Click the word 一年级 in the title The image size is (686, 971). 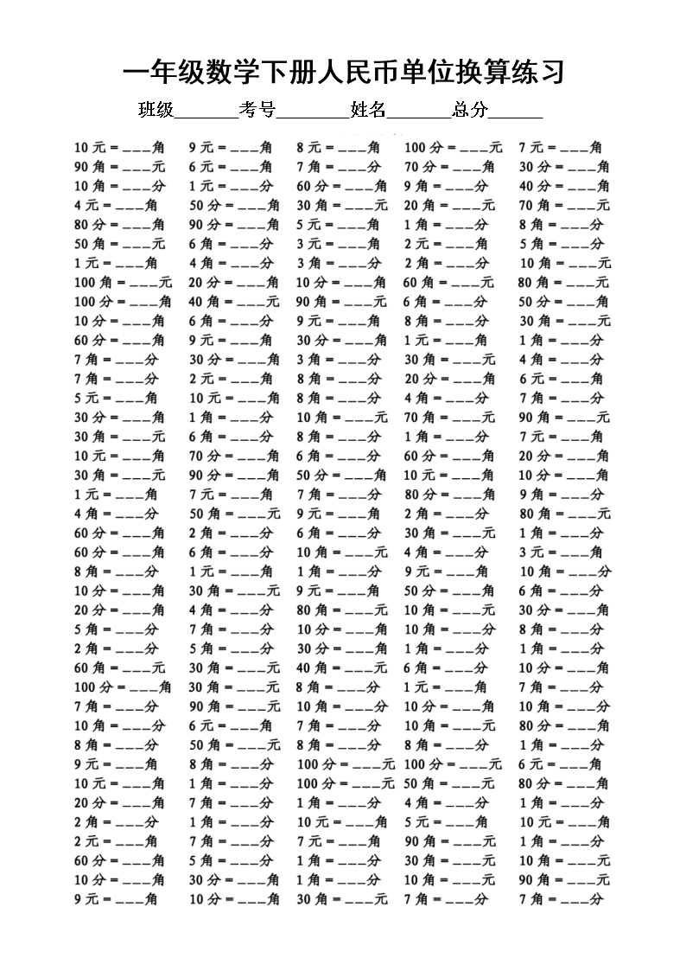pyautogui.click(x=164, y=73)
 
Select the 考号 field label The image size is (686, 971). pyautogui.click(x=257, y=110)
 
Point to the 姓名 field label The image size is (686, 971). pyautogui.click(x=368, y=110)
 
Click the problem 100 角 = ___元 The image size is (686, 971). pyautogui.click(x=123, y=282)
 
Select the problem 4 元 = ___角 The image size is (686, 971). pyautogui.click(x=115, y=205)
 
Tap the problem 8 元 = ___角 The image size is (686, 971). pyautogui.click(x=338, y=147)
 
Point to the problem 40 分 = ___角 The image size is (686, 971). pyautogui.click(x=563, y=186)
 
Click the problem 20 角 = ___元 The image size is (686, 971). pyautogui.click(x=449, y=205)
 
